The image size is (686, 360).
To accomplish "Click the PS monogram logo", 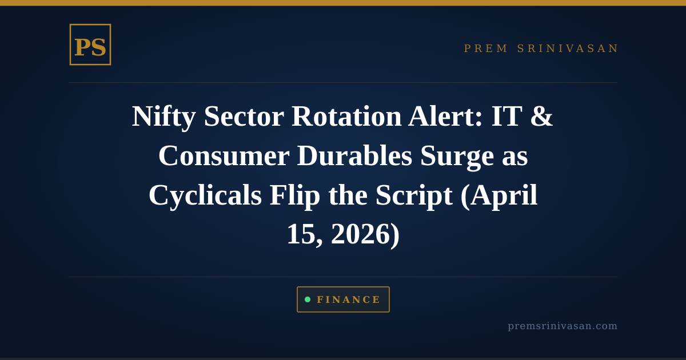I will (90, 45).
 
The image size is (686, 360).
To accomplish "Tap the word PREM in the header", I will (486, 49).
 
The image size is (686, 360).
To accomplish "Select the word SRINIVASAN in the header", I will (568, 49).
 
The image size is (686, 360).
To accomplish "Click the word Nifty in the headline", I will (163, 116).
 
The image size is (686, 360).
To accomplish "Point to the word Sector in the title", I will (244, 116).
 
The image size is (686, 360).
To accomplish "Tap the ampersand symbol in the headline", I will (541, 116).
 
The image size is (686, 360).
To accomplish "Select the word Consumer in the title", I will (224, 155).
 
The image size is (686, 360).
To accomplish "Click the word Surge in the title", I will (457, 155).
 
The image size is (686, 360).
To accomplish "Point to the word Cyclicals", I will (205, 195).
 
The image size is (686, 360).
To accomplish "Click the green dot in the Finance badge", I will (308, 299).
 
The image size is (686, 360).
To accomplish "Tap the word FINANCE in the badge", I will (349, 300).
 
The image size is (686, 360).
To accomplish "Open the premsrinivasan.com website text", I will (563, 326).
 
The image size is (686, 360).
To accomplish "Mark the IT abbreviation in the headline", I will (506, 116).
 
